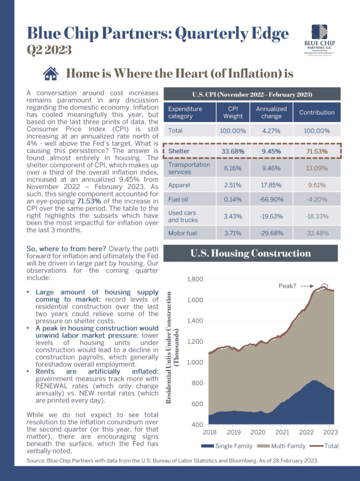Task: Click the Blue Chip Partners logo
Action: pyautogui.click(x=320, y=39)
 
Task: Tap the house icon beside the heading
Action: pyautogui.click(x=51, y=74)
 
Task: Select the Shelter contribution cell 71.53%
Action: pyautogui.click(x=317, y=151)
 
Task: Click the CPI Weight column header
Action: pyautogui.click(x=233, y=113)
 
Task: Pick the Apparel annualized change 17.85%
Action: pyautogui.click(x=271, y=185)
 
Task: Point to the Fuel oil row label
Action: pyautogui.click(x=178, y=200)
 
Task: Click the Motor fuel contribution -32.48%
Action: pyautogui.click(x=317, y=233)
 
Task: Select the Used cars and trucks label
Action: pyautogui.click(x=183, y=216)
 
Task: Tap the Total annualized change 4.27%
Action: pyautogui.click(x=271, y=131)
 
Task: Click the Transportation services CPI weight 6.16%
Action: pyautogui.click(x=232, y=169)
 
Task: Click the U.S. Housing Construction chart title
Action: pyautogui.click(x=250, y=253)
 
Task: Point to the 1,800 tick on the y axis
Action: pyautogui.click(x=195, y=279)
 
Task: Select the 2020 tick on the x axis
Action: pyautogui.click(x=258, y=432)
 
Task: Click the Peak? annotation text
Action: pyautogui.click(x=287, y=286)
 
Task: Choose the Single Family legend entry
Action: pyautogui.click(x=227, y=446)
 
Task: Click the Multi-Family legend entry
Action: pyautogui.click(x=282, y=446)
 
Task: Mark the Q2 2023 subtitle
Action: pyautogui.click(x=49, y=50)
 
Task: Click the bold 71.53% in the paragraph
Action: pyautogui.click(x=89, y=201)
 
